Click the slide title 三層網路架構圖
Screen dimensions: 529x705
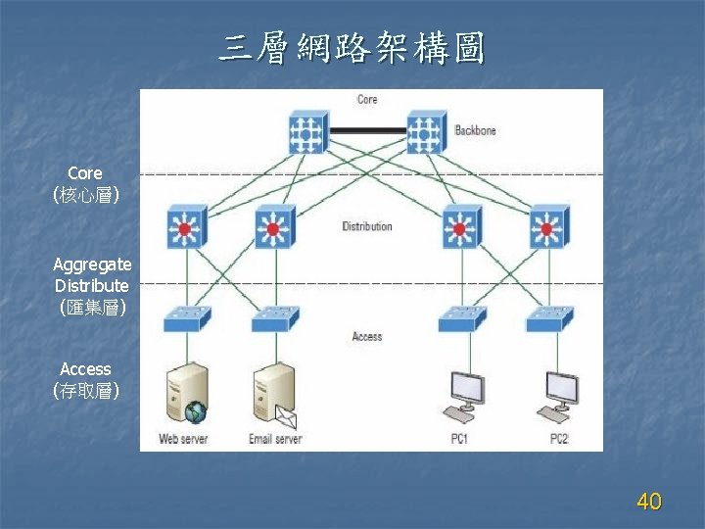(x=352, y=47)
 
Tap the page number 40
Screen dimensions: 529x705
(x=648, y=503)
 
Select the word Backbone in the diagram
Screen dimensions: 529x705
(x=475, y=130)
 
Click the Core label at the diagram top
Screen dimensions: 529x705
(x=367, y=99)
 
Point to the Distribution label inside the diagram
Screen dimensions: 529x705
(x=367, y=226)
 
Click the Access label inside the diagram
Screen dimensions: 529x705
(x=367, y=336)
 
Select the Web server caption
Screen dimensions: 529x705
(x=184, y=439)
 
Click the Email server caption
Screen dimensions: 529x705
(x=274, y=439)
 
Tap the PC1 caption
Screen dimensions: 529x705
(x=459, y=439)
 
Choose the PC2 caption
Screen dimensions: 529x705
(x=558, y=439)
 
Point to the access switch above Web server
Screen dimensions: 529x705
(x=185, y=317)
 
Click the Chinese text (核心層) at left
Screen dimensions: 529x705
(x=86, y=196)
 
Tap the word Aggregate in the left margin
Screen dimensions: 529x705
(x=92, y=264)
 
